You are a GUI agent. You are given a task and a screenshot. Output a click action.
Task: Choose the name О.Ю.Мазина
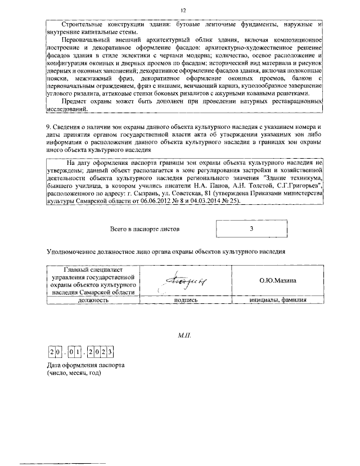(x=277, y=280)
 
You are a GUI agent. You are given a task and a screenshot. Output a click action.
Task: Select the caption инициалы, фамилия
(x=277, y=300)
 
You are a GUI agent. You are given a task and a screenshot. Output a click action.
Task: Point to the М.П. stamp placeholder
(x=185, y=335)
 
